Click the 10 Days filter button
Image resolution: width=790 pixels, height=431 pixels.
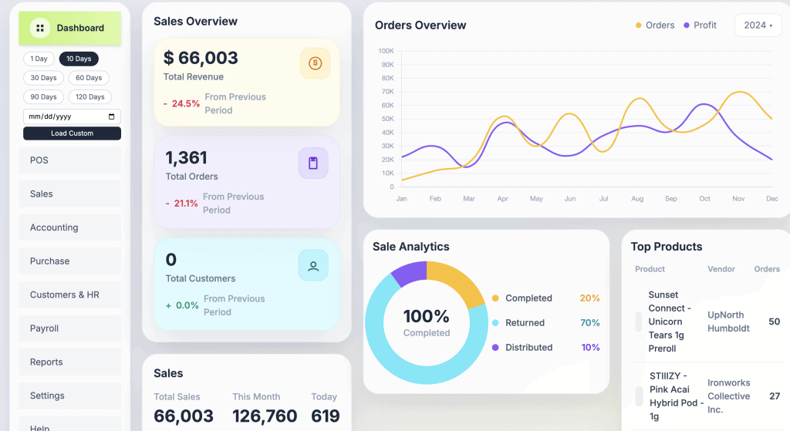(79, 59)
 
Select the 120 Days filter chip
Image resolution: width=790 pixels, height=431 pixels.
(91, 97)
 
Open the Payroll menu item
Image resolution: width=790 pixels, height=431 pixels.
(45, 328)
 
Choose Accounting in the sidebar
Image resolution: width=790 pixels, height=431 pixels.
(54, 227)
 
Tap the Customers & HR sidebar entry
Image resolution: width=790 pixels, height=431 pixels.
(65, 295)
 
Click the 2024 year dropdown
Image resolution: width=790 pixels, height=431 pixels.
(758, 25)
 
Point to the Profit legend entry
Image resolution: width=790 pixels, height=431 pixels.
(700, 25)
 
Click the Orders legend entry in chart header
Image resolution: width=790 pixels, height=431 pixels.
(655, 25)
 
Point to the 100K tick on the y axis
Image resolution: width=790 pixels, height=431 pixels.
(386, 51)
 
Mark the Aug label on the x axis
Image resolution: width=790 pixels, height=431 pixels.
(637, 199)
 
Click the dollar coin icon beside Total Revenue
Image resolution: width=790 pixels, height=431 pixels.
(315, 63)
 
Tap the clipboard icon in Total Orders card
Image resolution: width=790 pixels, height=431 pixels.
(313, 163)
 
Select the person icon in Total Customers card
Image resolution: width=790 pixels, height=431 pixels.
(313, 266)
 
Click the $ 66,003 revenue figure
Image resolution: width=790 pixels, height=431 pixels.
(201, 58)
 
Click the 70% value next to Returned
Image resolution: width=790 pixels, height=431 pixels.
(589, 323)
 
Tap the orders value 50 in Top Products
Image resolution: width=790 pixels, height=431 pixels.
(774, 322)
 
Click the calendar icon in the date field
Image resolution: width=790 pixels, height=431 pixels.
(112, 116)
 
